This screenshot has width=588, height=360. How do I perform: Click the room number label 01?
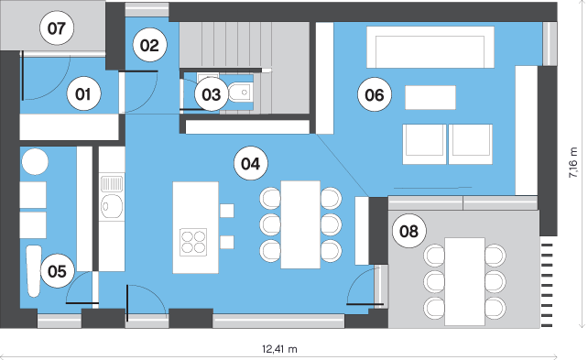point(83,93)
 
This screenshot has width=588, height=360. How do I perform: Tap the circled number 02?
point(149,46)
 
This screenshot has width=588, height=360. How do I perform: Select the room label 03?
point(212,94)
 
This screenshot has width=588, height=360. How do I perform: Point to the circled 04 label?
point(251,163)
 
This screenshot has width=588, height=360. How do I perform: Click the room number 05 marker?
point(58,271)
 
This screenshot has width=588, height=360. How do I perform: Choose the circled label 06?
point(375,94)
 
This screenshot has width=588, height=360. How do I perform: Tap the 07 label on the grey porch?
point(57,28)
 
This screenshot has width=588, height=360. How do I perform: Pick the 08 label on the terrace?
point(408,231)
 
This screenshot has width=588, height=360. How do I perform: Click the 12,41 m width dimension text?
point(279,349)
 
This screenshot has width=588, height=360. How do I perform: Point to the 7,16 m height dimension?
point(573,162)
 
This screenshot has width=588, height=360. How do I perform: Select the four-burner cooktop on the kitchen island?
point(193,242)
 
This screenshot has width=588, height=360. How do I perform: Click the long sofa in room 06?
point(430,47)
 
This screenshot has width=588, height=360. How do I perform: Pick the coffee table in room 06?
point(430,97)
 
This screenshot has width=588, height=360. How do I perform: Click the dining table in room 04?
point(300,224)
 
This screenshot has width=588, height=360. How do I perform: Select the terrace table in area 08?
point(464,281)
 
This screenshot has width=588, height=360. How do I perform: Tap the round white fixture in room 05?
point(35,161)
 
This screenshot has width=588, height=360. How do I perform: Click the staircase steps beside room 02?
point(245,45)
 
